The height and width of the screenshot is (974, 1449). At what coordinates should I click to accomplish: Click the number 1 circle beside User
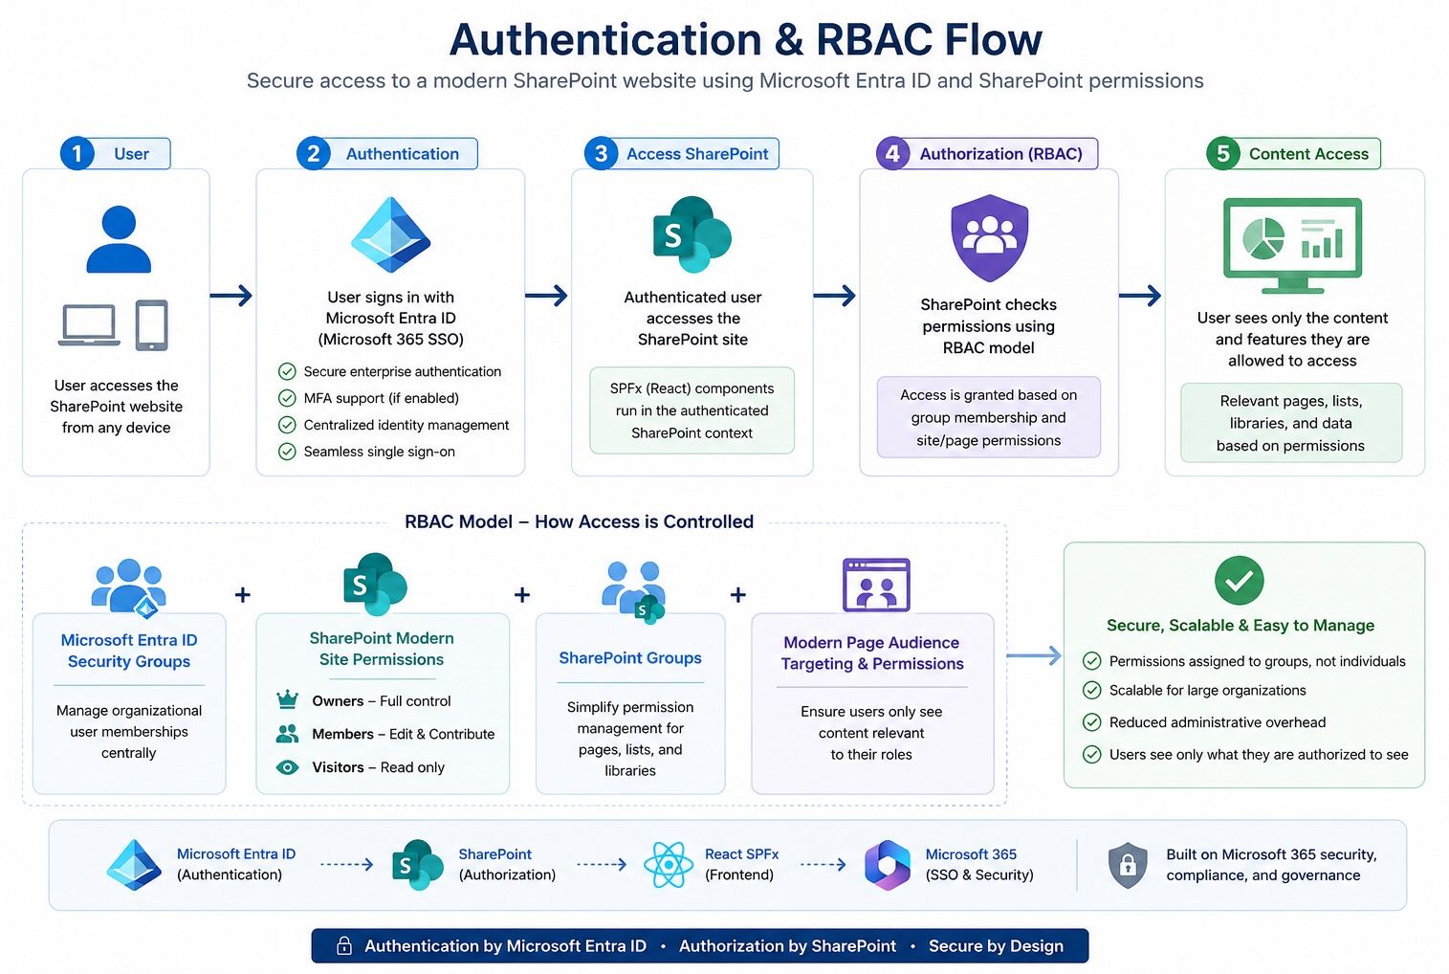pos(77,153)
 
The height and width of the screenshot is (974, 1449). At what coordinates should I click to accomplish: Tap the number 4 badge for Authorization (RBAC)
pos(892,153)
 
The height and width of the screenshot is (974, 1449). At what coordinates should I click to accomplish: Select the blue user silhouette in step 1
pos(119,239)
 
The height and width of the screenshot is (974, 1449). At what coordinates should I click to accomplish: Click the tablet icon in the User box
pos(152,325)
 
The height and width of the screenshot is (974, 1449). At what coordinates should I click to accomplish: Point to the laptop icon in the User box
pos(89,325)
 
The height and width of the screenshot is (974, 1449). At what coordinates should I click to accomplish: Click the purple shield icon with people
pos(989,237)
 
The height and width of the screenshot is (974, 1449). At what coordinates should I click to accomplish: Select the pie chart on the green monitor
pos(1263,238)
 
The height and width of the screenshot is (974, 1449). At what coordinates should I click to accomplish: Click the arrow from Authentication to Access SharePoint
pos(547,296)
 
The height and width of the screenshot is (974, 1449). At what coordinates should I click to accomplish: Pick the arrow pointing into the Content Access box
pos(1140,296)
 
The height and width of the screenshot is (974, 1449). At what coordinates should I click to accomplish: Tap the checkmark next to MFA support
pos(287,398)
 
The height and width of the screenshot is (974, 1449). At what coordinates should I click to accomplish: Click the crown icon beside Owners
pos(287,699)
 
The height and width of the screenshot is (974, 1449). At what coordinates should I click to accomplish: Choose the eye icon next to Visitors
pos(287,767)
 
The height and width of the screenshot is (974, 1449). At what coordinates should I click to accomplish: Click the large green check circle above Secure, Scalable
pos(1239,580)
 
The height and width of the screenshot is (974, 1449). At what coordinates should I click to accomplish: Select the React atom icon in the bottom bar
pos(669,865)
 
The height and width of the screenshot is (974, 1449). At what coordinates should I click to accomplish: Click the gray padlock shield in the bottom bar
pos(1128,865)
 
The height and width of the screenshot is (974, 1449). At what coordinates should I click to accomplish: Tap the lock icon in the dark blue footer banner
pos(344,945)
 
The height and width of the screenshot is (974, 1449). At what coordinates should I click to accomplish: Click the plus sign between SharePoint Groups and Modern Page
pos(738,595)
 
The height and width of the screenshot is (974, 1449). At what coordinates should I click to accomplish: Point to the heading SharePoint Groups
pos(630,658)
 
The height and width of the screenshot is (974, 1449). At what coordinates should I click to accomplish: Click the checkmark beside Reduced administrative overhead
pos(1092,722)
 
